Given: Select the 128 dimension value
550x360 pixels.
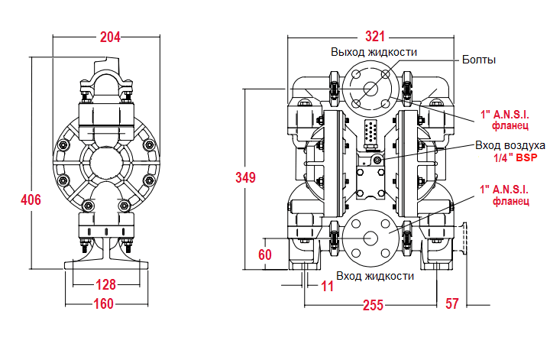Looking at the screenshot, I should point(106,285).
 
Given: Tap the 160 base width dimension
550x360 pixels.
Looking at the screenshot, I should point(104,304).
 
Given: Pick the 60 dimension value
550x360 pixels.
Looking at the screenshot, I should point(265,255).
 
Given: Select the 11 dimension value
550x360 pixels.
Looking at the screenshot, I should point(328,287).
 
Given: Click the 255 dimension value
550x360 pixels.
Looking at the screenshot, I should point(372,304).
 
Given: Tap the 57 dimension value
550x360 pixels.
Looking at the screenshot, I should point(451,304).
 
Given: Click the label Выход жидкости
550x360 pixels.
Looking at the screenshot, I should point(374,52).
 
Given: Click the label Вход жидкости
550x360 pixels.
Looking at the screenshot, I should point(374,275).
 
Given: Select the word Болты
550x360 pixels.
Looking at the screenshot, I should point(479,60).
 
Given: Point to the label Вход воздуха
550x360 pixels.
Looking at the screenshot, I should point(510,144).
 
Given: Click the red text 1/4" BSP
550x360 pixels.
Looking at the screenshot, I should point(516,157).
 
